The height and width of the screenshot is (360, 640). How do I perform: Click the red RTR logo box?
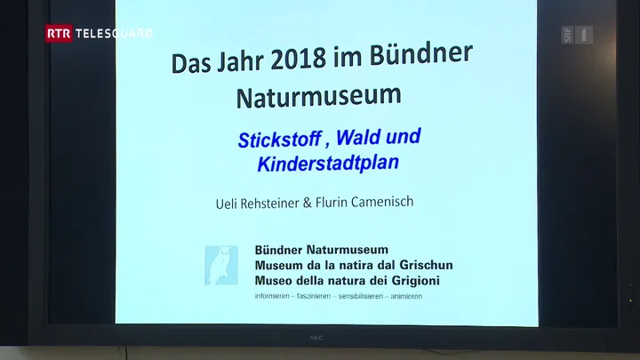click(59, 34)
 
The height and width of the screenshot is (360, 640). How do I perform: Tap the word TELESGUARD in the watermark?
click(115, 34)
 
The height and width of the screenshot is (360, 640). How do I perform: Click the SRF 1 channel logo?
click(577, 35)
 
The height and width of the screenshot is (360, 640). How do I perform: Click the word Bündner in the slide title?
click(420, 53)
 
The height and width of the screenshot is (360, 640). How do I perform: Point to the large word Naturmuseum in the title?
click(319, 97)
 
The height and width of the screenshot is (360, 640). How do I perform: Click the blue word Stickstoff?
click(279, 140)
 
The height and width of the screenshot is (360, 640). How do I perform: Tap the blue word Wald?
click(358, 137)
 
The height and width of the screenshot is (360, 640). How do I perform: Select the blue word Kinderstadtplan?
click(328, 164)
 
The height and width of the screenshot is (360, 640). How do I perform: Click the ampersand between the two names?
click(307, 203)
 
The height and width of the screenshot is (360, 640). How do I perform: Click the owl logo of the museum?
click(221, 265)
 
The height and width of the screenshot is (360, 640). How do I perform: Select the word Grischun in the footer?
click(426, 265)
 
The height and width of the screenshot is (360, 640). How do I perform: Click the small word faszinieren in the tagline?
click(314, 296)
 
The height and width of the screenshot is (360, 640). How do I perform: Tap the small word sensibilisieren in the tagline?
click(360, 296)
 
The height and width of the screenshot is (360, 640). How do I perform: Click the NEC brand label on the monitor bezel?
click(316, 338)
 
